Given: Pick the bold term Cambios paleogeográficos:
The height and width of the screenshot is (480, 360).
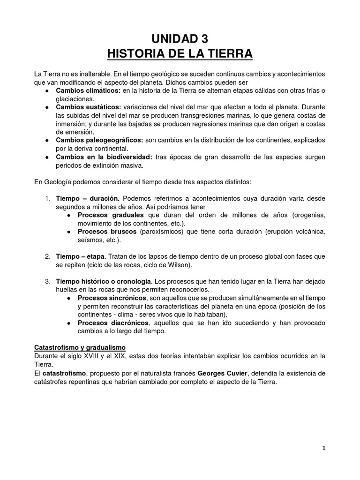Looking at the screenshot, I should point(99,140).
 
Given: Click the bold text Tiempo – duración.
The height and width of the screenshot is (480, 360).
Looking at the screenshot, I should point(88,199).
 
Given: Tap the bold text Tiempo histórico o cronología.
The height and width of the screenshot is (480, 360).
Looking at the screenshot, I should point(104,281).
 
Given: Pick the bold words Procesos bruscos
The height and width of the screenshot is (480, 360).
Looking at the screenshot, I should point(101,232).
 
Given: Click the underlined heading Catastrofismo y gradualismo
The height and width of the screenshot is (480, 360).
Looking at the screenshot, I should point(80,348).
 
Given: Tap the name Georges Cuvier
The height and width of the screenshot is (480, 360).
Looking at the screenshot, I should point(223,373).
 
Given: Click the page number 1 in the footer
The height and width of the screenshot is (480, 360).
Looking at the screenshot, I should point(323,448).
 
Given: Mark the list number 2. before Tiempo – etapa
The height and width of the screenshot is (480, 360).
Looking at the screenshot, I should point(48,256).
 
